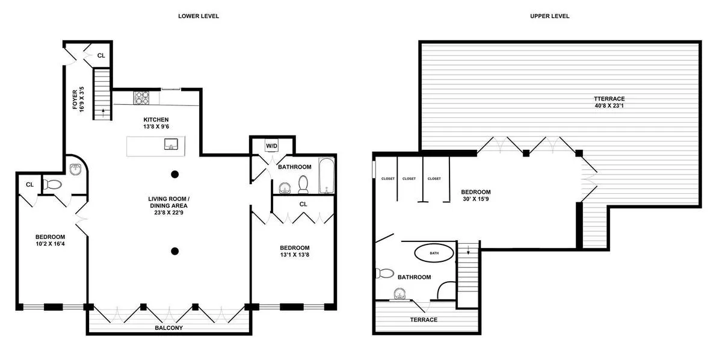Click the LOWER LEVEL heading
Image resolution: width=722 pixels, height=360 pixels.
point(199,16)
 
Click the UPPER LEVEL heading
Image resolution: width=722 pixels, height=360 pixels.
point(549,16)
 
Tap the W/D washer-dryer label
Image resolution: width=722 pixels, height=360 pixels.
point(272,146)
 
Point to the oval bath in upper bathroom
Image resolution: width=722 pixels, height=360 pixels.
point(434,253)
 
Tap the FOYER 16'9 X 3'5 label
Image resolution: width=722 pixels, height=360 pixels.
point(78,100)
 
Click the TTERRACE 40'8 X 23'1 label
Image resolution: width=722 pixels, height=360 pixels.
point(609,102)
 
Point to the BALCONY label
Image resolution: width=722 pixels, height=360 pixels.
point(169,328)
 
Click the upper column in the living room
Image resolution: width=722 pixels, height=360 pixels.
point(174,175)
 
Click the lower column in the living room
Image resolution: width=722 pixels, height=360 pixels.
point(174,251)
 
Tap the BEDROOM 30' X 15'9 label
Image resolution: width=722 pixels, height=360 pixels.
point(476,196)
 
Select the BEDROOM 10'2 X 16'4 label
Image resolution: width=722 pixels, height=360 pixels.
point(50,240)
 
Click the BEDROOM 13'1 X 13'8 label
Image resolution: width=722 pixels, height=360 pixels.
point(295,251)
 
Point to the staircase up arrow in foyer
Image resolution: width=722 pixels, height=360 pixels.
point(102,111)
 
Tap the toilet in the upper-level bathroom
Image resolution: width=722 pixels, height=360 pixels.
point(383,273)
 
